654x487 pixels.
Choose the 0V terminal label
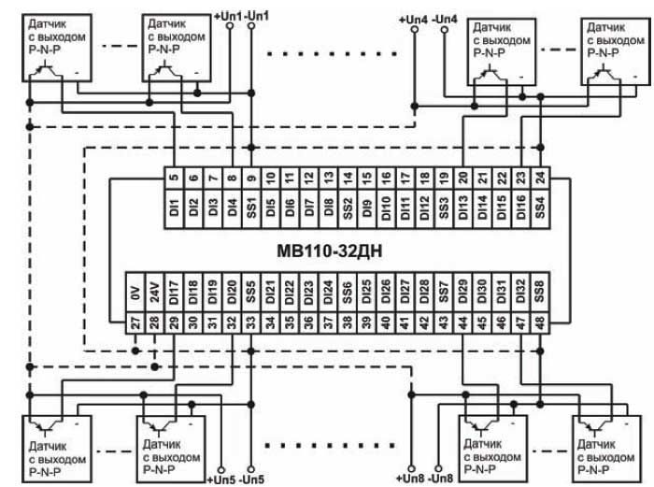coord(135,296)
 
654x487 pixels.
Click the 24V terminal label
coord(155,296)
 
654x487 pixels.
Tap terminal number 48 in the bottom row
coord(540,323)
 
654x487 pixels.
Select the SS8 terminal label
coord(540,296)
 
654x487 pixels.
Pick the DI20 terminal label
coord(232,296)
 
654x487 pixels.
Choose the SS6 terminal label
coord(348,296)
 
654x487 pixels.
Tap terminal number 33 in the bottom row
coord(250,323)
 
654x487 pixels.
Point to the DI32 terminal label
coord(521,296)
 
